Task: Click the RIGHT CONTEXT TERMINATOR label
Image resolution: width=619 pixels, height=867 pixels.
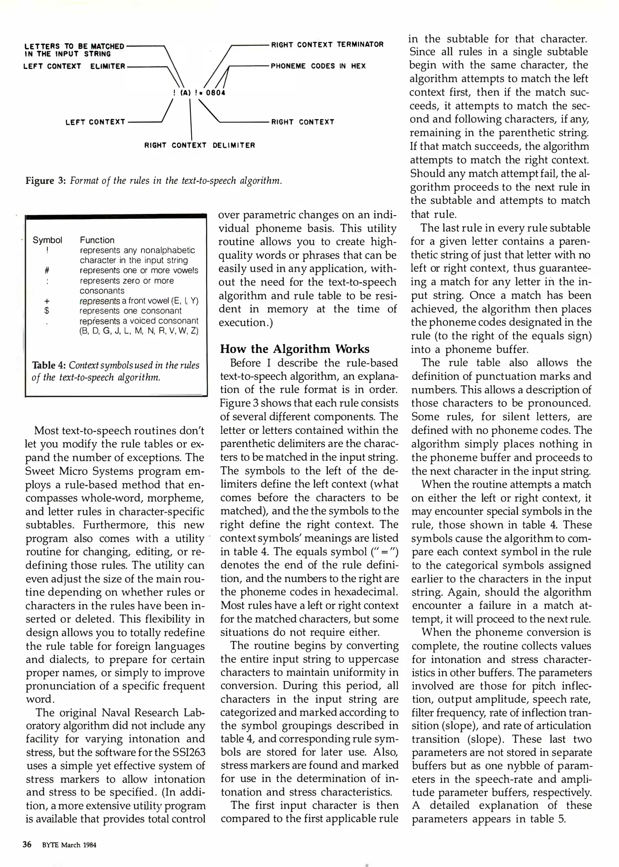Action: pyautogui.click(x=327, y=45)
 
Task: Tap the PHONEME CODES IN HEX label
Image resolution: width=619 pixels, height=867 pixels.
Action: pyautogui.click(x=318, y=66)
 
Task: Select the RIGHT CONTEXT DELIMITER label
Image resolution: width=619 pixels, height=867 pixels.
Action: pyautogui.click(x=200, y=145)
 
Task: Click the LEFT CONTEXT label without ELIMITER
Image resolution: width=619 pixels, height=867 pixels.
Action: pyautogui.click(x=95, y=122)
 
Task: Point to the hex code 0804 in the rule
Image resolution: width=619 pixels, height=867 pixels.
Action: pyautogui.click(x=215, y=93)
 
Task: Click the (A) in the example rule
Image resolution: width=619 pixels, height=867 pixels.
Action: pyautogui.click(x=185, y=93)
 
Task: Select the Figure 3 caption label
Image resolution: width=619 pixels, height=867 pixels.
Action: pyautogui.click(x=45, y=181)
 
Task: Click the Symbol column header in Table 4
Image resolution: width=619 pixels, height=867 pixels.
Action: pyautogui.click(x=47, y=240)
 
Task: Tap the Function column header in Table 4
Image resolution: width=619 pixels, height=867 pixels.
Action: pyautogui.click(x=97, y=240)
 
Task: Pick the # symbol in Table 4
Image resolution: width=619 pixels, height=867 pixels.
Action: pyautogui.click(x=47, y=271)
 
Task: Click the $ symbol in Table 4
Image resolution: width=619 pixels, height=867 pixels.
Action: pyautogui.click(x=47, y=311)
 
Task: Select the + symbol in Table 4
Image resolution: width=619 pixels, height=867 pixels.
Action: pyautogui.click(x=47, y=301)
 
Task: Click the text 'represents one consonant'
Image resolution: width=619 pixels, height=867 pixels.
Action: pyautogui.click(x=130, y=311)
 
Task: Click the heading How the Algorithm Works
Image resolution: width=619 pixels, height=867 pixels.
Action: pyautogui.click(x=294, y=349)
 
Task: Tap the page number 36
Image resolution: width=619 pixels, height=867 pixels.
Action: pyautogui.click(x=27, y=845)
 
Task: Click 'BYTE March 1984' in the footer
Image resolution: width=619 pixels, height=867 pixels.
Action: pyautogui.click(x=69, y=845)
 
